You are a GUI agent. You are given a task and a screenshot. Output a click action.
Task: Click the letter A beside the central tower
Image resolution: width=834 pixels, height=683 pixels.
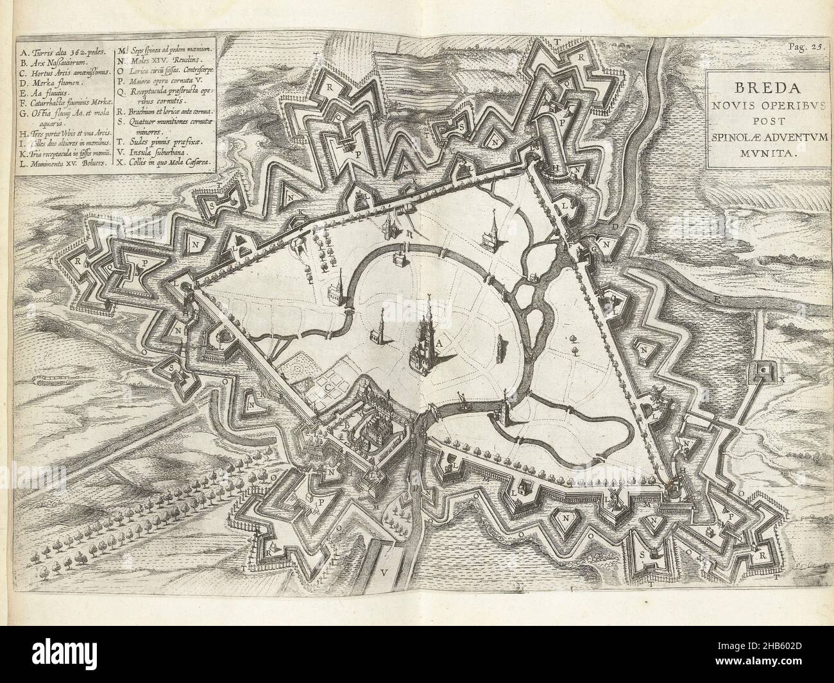(x=439, y=343)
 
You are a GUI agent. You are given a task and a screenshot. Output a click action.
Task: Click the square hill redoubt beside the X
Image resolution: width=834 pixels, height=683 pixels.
(x=763, y=371)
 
